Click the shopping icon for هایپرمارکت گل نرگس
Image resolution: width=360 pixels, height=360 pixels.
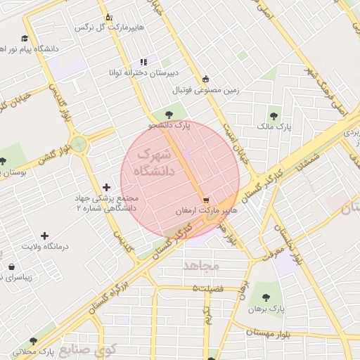[108, 17]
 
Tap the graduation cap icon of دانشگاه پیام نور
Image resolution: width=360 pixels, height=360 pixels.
[25, 39]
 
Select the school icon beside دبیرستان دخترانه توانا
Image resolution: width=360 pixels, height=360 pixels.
[144, 62]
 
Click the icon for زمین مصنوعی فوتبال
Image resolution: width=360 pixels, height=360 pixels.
[205, 79]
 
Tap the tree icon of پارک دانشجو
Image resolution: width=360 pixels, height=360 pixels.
[167, 115]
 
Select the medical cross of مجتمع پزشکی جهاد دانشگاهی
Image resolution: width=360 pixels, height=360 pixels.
[106, 187]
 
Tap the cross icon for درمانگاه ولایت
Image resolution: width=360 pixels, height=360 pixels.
[45, 236]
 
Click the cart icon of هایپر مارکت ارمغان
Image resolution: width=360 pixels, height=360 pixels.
[205, 200]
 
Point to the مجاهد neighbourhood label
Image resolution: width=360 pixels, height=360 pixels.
[202, 266]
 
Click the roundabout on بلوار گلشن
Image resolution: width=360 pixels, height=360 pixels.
[78, 145]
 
